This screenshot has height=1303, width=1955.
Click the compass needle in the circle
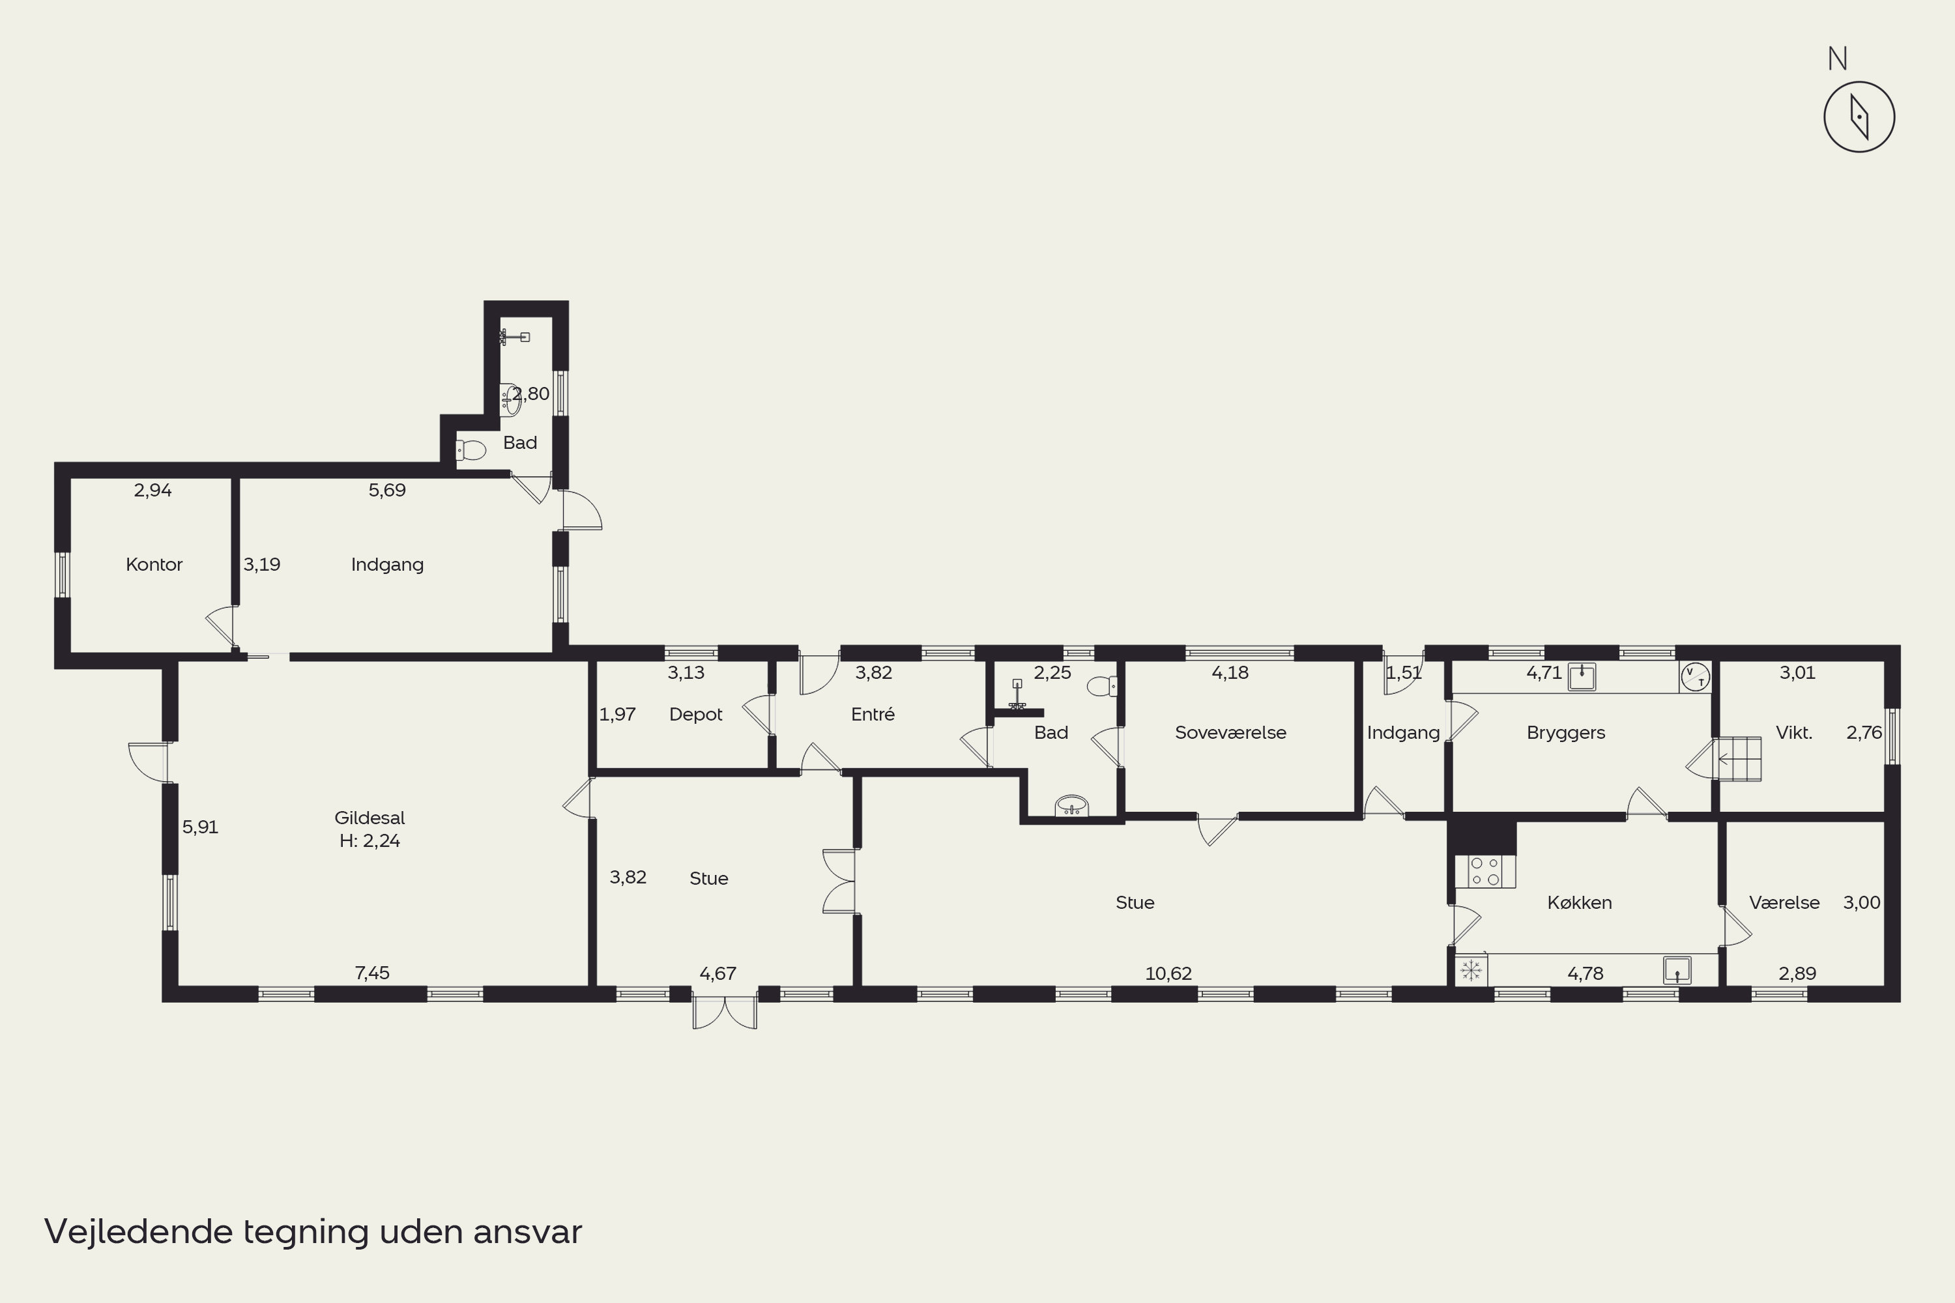click(1859, 117)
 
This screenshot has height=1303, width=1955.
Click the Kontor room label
click(154, 564)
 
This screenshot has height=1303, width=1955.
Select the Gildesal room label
click(370, 818)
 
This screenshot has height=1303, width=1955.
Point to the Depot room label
click(696, 715)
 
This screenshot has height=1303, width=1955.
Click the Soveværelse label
click(1230, 732)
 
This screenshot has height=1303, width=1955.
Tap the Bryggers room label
click(1566, 733)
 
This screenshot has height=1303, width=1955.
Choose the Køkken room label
click(1579, 902)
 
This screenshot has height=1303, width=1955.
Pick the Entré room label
click(873, 714)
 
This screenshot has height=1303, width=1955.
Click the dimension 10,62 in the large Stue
click(1168, 973)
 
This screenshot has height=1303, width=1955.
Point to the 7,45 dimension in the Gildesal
click(371, 972)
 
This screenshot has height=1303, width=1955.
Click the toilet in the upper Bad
click(471, 450)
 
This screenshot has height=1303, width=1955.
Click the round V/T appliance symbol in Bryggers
click(1695, 678)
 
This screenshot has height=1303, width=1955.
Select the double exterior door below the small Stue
click(725, 1010)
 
